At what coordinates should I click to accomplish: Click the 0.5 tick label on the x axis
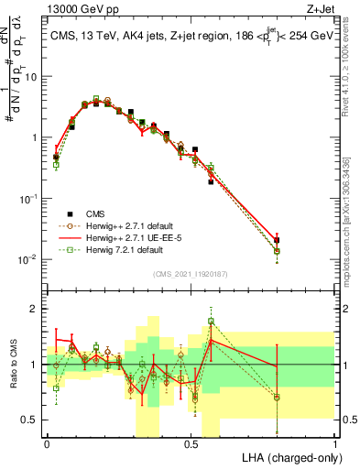point(191,442)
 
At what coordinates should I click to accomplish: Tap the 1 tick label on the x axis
point(334,442)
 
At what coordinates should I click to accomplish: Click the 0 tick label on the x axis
point(47,442)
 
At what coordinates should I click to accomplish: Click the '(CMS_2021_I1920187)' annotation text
point(191,273)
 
